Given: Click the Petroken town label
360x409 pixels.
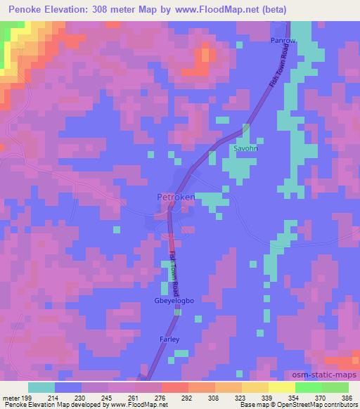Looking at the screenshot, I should click(x=176, y=197).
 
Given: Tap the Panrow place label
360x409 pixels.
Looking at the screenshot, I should click(x=284, y=41).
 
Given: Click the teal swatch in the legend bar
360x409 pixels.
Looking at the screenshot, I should click(x=41, y=387).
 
